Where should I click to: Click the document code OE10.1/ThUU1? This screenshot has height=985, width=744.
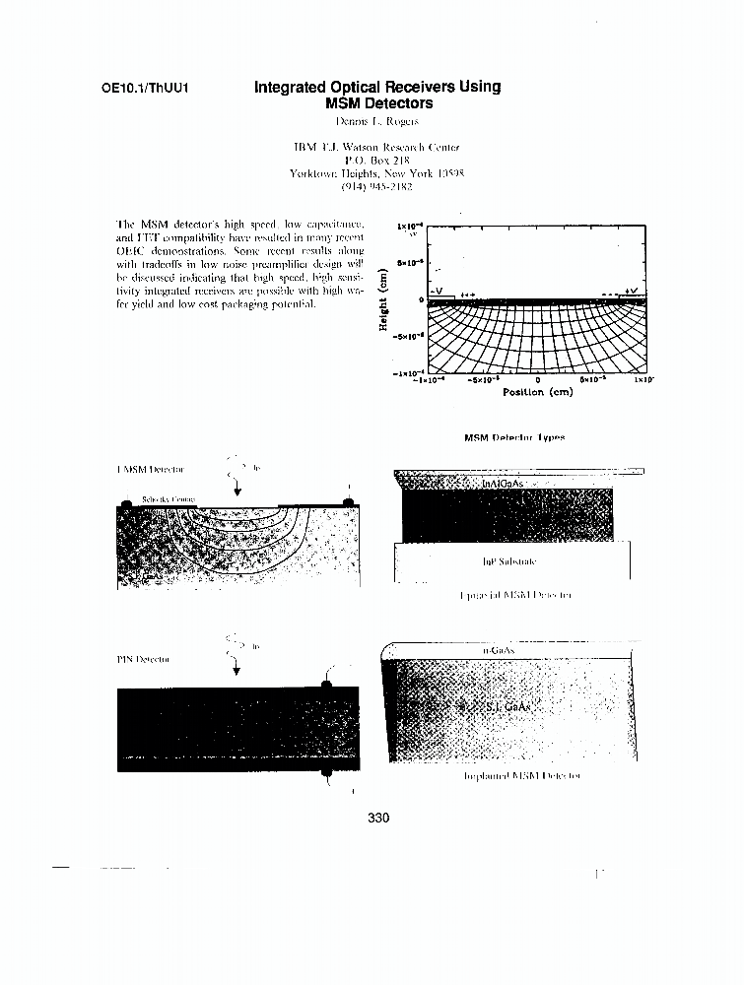coord(145,88)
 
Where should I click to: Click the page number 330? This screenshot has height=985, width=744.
coord(378,818)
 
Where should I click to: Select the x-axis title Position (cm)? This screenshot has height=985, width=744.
coord(537,392)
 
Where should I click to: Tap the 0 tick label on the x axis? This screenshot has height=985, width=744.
coord(538,379)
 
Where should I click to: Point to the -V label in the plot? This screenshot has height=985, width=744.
coord(437,292)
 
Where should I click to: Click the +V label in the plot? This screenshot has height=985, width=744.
coord(631,292)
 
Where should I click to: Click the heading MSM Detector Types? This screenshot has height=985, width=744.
coord(514,437)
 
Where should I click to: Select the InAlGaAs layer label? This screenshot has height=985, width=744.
coord(503,485)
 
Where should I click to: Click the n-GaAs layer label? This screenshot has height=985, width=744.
coord(499,651)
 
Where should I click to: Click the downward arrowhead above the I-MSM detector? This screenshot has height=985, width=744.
coord(237,492)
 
